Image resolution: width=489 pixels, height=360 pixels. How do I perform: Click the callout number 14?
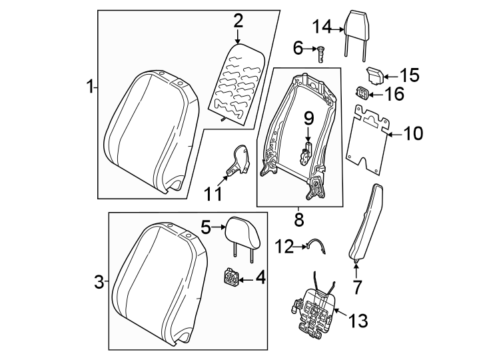click(x=322, y=27)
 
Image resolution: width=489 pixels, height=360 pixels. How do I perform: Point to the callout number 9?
click(x=308, y=118)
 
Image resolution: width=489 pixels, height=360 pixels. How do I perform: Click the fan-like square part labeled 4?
click(x=231, y=277)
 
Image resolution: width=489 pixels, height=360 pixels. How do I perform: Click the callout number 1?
click(x=89, y=87)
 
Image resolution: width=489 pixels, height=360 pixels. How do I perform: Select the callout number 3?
click(x=99, y=283)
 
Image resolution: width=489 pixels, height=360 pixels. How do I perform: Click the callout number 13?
click(x=358, y=321)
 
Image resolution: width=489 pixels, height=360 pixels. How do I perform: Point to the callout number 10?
click(x=413, y=134)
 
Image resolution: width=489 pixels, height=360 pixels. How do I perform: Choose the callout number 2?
click(x=237, y=21)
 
